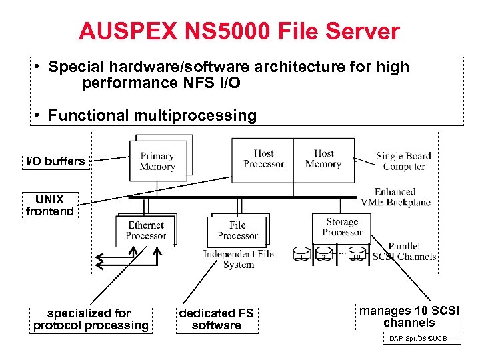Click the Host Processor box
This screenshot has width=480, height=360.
(263, 159)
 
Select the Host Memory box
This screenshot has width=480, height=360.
(323, 159)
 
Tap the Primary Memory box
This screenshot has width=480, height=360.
(157, 162)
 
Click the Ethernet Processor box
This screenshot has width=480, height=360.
(145, 231)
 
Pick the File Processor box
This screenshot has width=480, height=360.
(237, 231)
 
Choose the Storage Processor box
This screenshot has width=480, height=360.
(342, 227)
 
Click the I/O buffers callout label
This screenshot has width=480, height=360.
(55, 161)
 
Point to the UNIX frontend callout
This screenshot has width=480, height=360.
(50, 205)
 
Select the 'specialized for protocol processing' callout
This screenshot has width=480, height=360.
(91, 319)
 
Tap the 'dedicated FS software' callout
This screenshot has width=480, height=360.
(217, 319)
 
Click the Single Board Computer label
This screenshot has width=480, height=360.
(403, 161)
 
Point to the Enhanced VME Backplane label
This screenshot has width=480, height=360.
(395, 197)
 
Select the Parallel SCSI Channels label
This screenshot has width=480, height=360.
(404, 251)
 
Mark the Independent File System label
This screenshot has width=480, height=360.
(238, 259)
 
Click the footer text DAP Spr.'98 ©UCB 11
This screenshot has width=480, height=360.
(422, 339)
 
